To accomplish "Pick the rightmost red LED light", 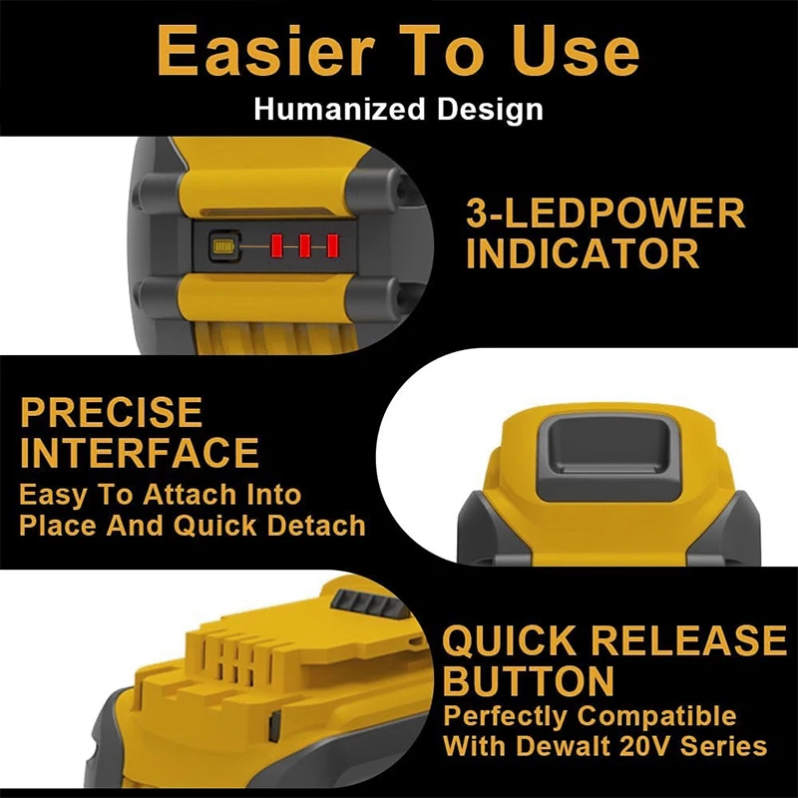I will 332,244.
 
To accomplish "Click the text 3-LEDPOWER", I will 605,213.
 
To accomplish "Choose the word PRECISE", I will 112,412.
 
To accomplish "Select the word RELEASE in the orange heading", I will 688,640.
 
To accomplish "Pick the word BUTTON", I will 528,681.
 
